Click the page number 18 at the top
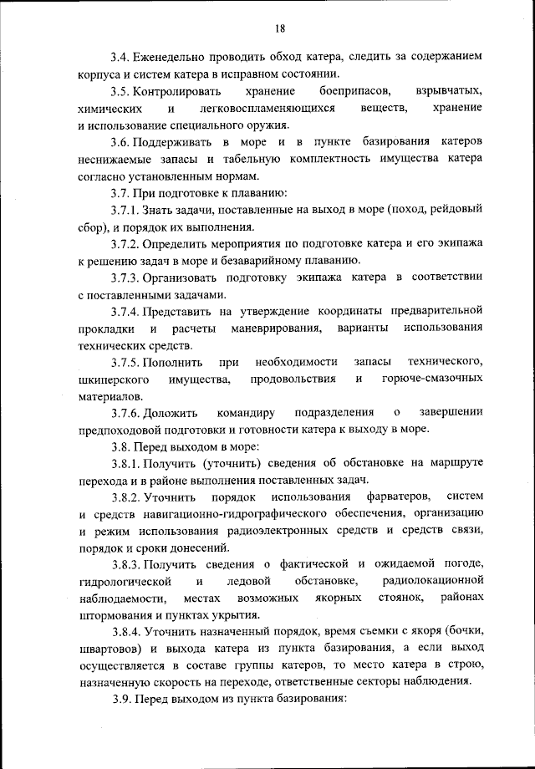coord(279,29)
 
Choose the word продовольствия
coord(293,380)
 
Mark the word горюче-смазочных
coord(432,380)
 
